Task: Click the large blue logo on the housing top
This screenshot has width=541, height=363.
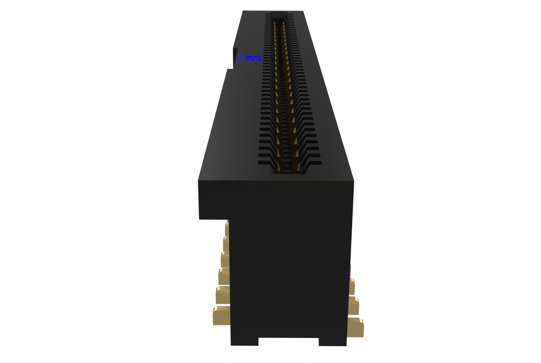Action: tap(253, 58)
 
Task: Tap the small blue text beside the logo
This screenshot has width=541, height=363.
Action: tap(240, 58)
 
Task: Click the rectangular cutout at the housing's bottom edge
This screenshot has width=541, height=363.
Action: tap(288, 342)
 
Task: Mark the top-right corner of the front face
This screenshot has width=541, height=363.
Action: tap(353, 182)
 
